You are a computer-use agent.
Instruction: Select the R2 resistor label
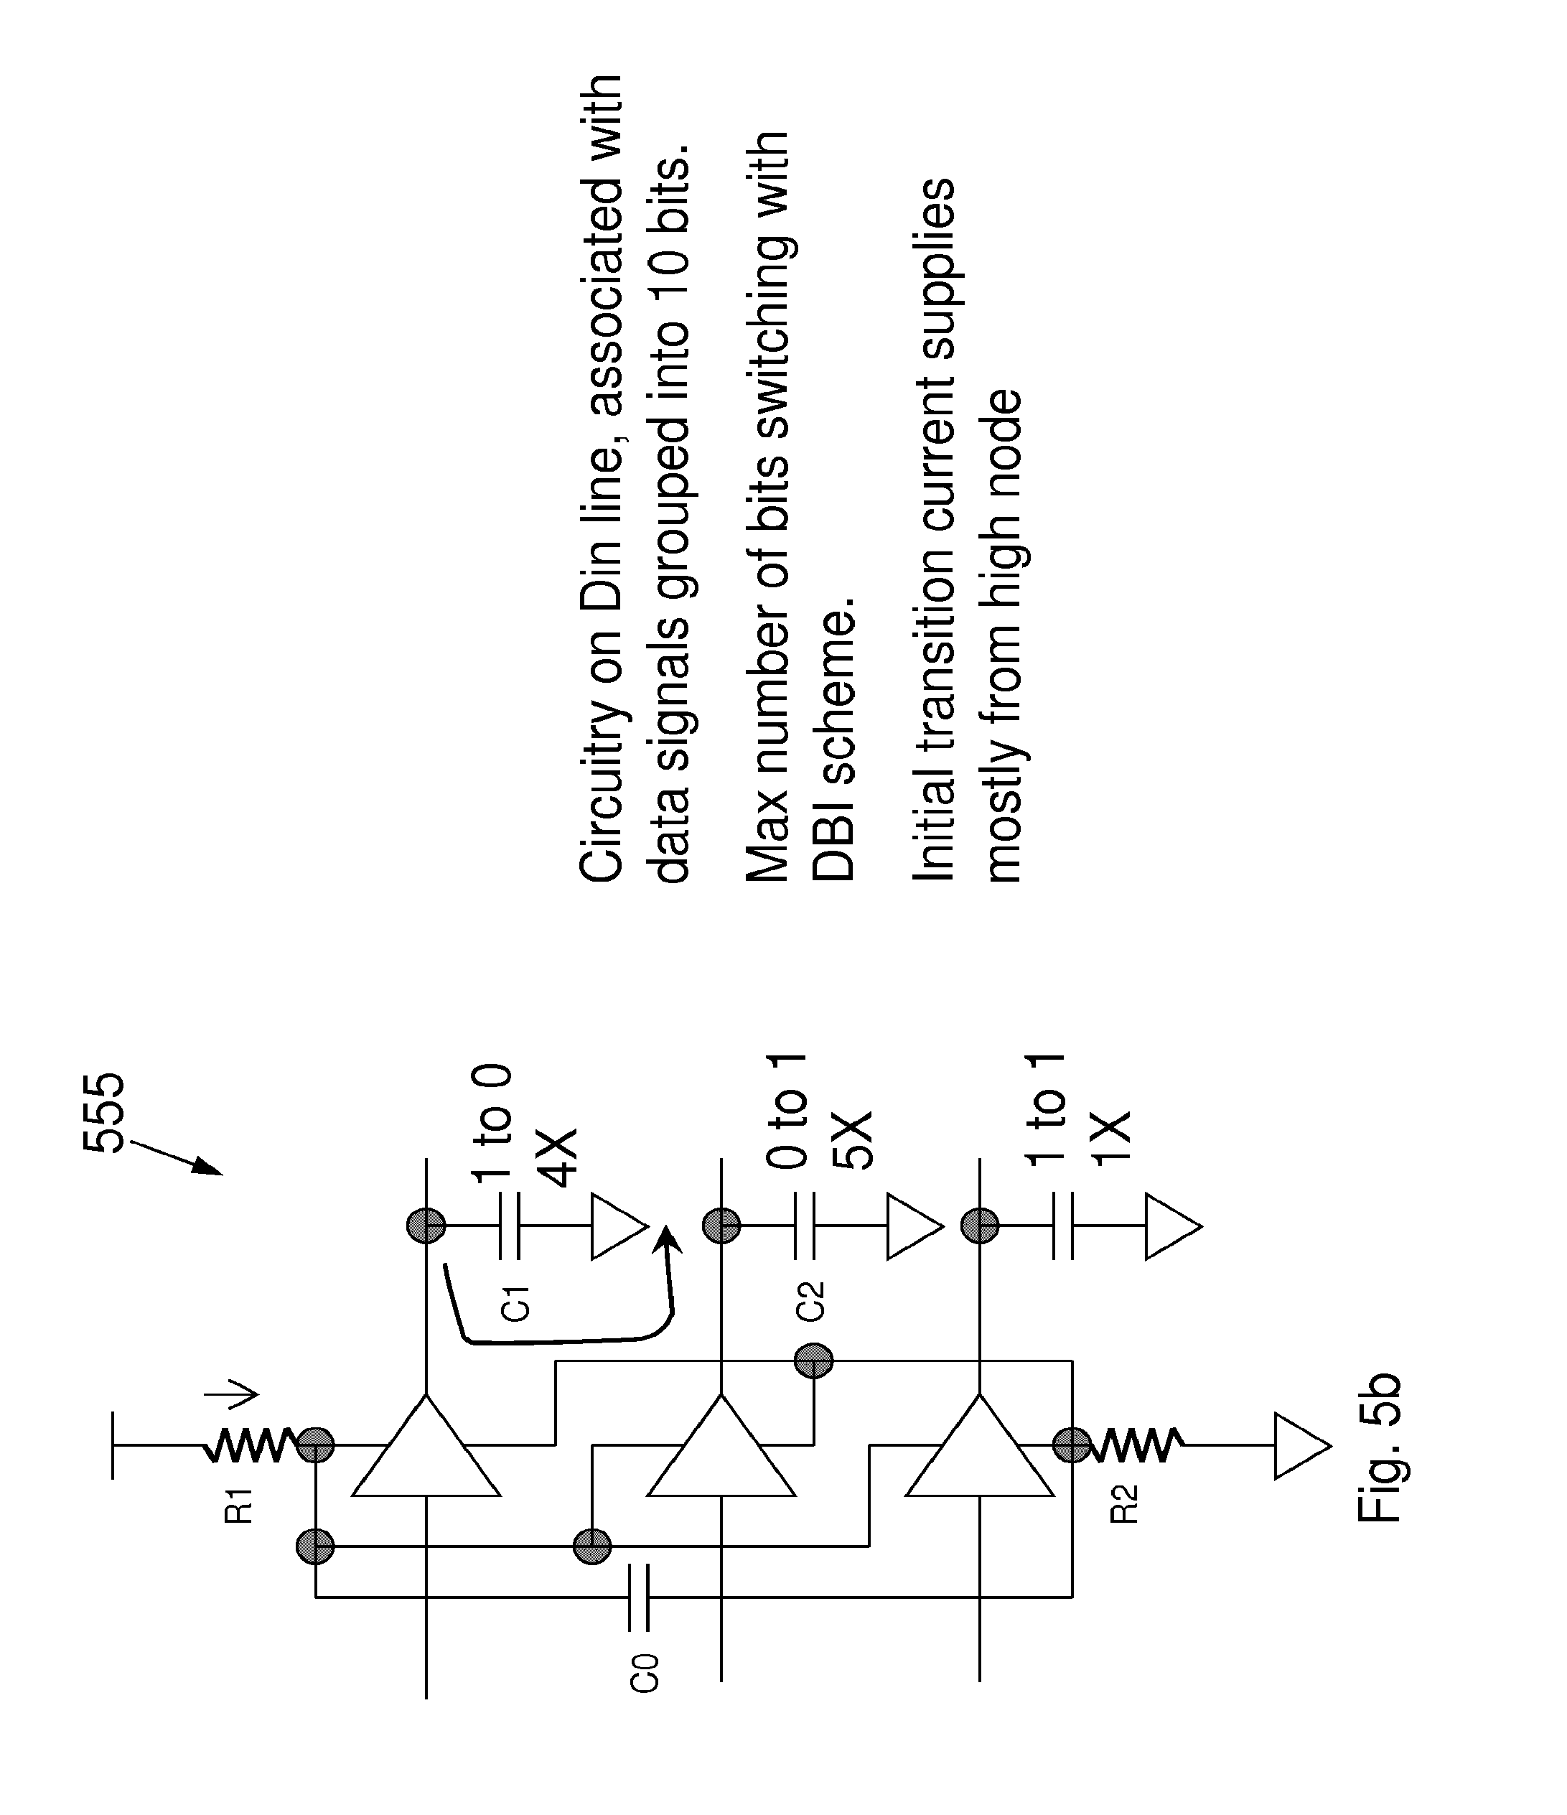(1124, 1505)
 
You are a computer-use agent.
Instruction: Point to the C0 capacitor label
(644, 1671)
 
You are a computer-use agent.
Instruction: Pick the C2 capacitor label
(810, 1301)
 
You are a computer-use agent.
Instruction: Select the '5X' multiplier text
(852, 1142)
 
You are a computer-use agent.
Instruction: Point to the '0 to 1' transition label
(786, 1111)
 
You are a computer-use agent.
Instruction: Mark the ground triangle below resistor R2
(1301, 1446)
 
